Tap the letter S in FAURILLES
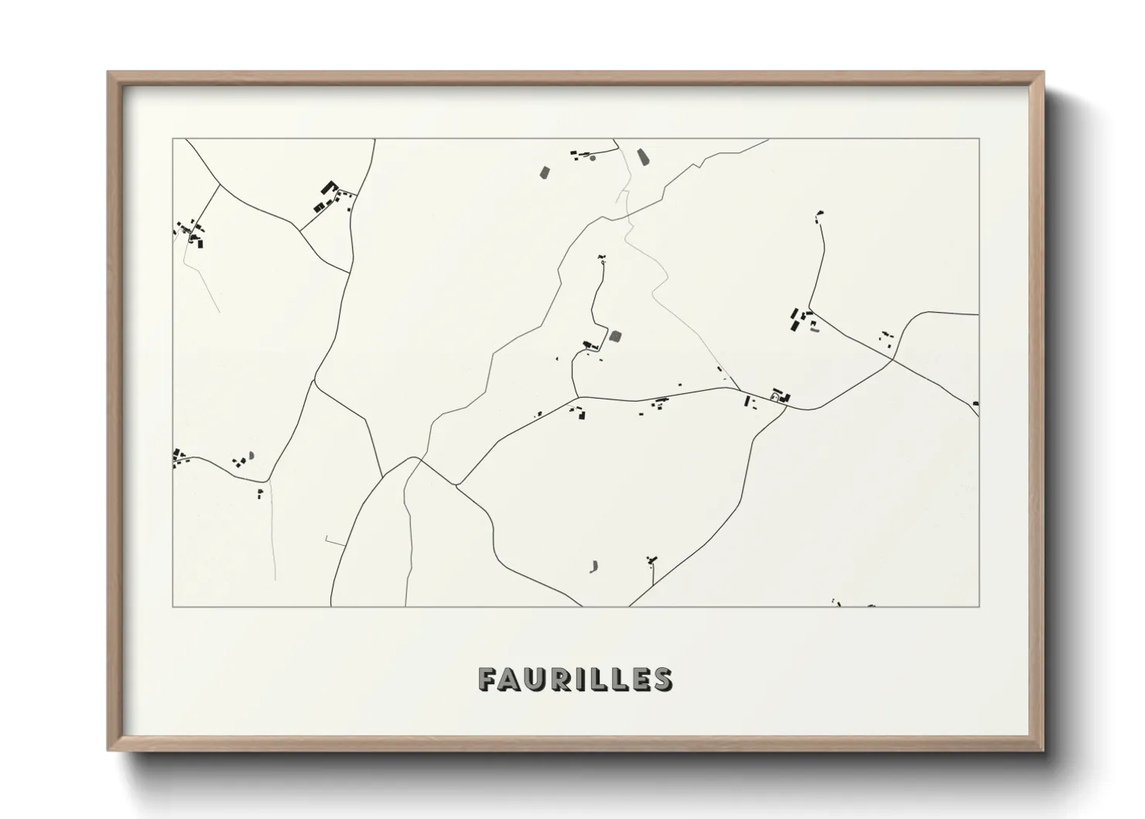click(x=662, y=679)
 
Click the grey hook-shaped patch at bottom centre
click(x=594, y=567)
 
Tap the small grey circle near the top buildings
click(x=593, y=158)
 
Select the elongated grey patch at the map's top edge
click(x=642, y=158)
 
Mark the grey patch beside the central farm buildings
click(x=616, y=336)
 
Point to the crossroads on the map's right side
click(x=893, y=359)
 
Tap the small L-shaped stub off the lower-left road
click(x=329, y=541)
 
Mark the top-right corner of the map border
click(x=979, y=139)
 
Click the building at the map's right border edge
click(x=976, y=403)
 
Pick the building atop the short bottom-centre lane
click(x=652, y=559)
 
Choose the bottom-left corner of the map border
click(x=173, y=606)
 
